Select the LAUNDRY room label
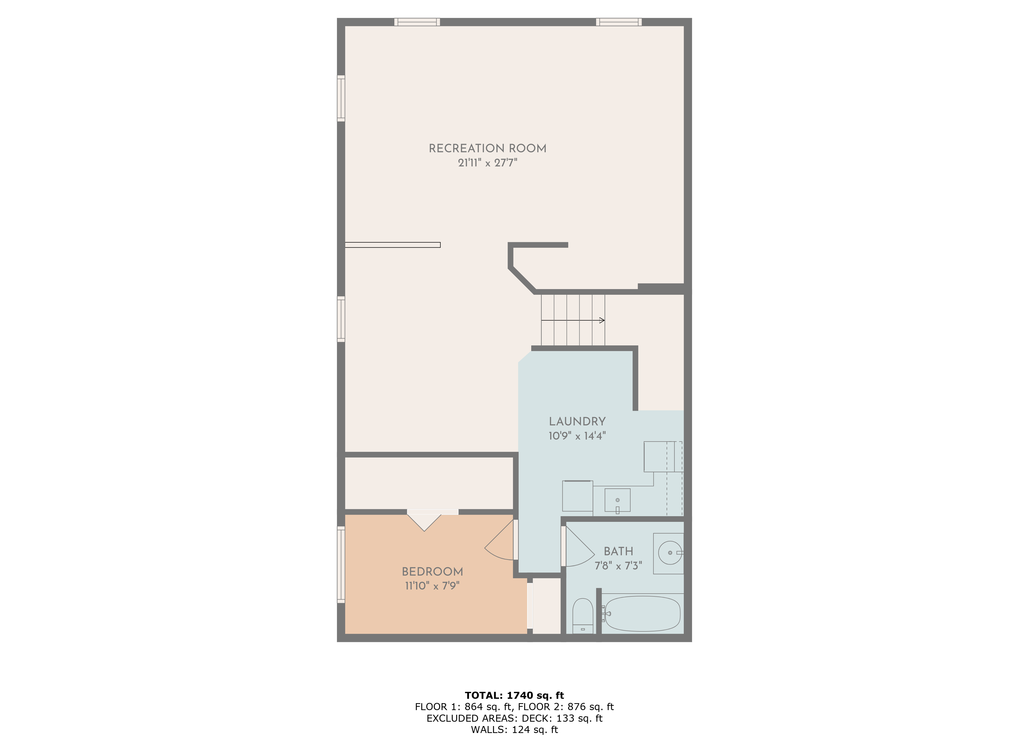tap(577, 421)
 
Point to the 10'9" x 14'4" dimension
tap(577, 436)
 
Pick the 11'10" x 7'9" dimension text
tap(432, 586)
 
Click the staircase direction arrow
tap(573, 321)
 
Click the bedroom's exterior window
tap(341, 565)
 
